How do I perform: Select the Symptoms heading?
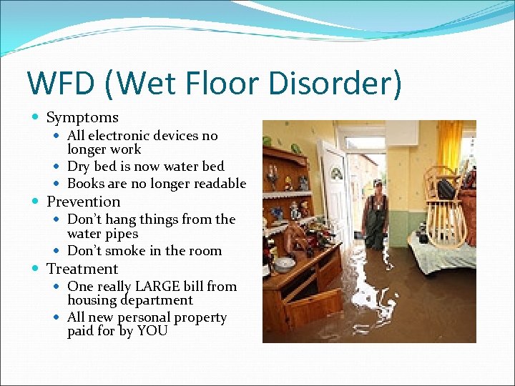click(82, 117)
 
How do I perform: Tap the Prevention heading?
click(83, 202)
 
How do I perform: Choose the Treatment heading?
click(82, 269)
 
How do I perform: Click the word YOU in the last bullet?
click(152, 331)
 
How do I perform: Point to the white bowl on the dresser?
click(285, 264)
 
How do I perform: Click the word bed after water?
click(213, 167)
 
